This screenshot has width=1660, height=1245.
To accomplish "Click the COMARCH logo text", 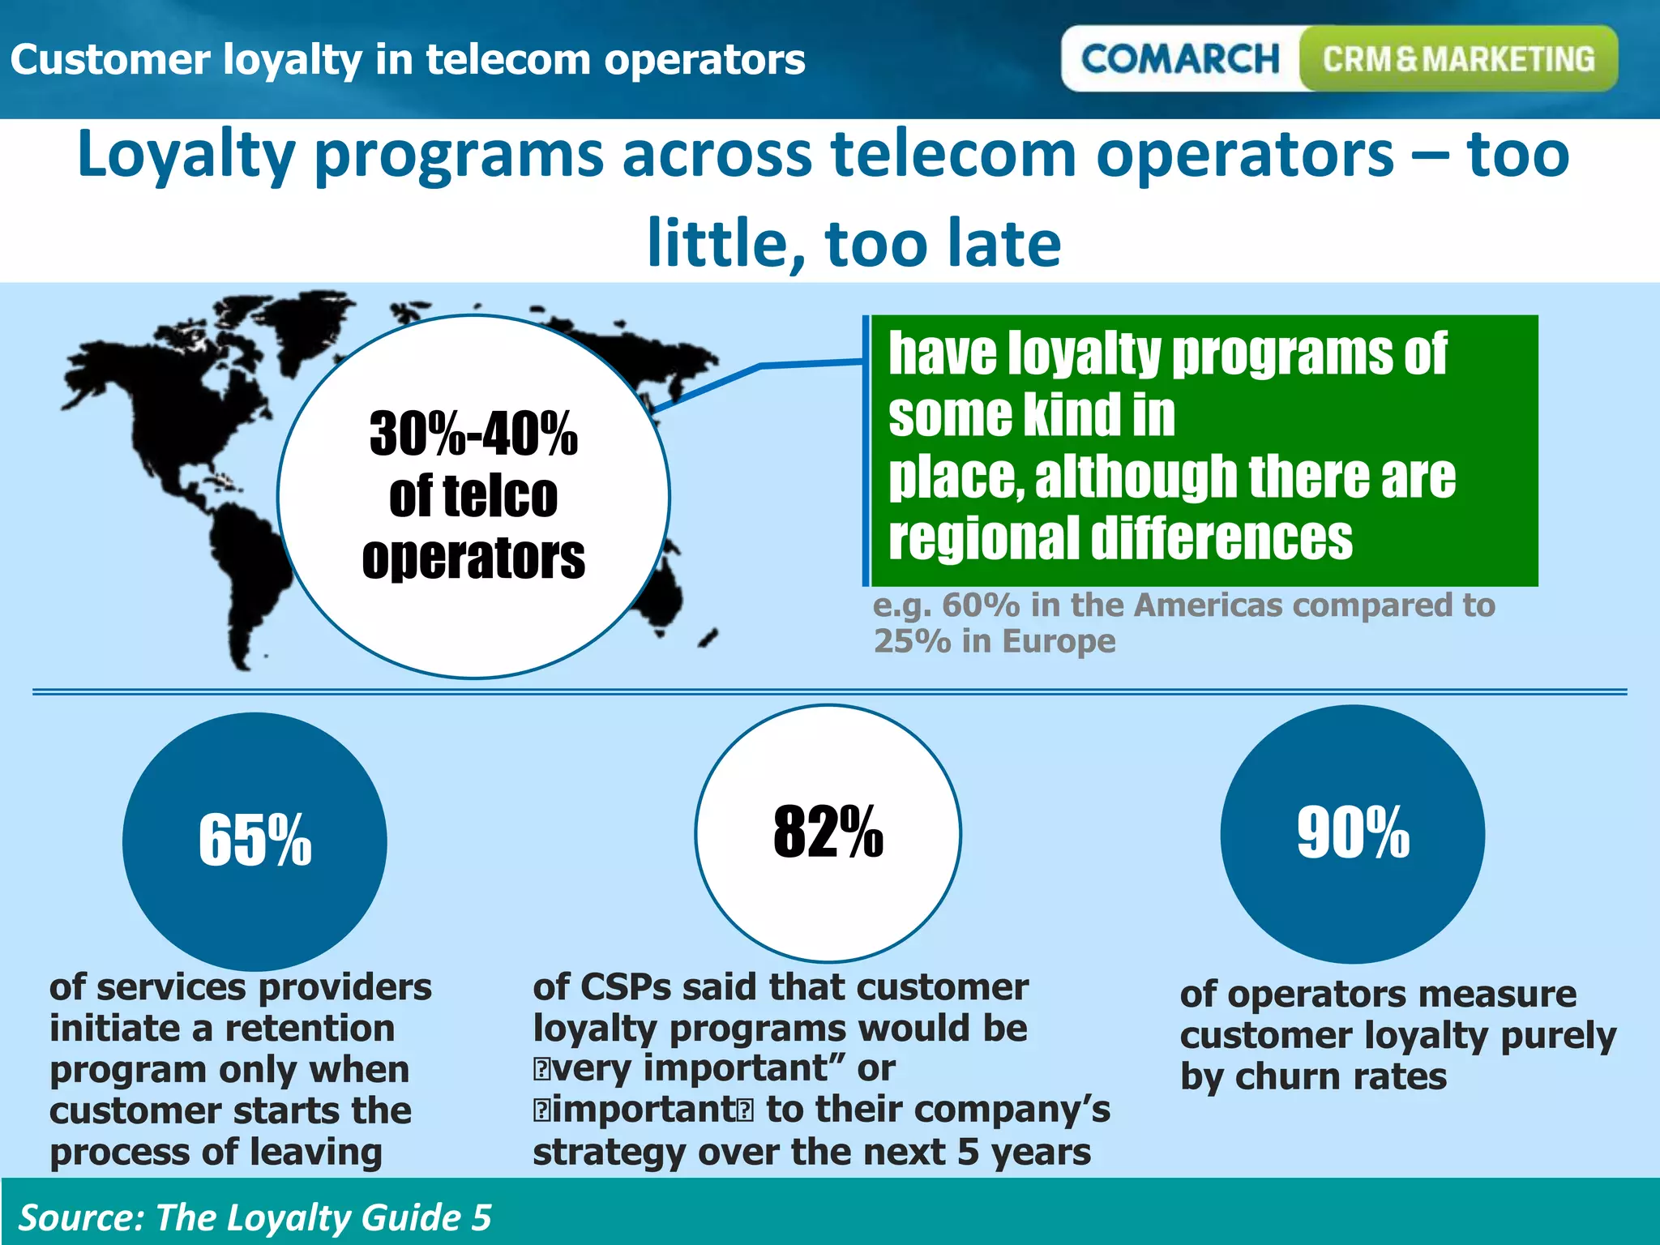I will pyautogui.click(x=1179, y=59).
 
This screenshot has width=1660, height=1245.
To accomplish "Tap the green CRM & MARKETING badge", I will pyautogui.click(x=1458, y=59).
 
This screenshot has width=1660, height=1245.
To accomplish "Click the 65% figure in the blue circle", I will pyautogui.click(x=255, y=840).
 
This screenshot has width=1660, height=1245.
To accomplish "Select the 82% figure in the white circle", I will pyautogui.click(x=828, y=832).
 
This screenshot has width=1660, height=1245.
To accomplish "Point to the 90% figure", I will pyautogui.click(x=1353, y=832).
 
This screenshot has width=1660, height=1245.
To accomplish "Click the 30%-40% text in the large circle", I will pyautogui.click(x=473, y=434).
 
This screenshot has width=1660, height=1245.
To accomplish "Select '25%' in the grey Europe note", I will pyautogui.click(x=912, y=641).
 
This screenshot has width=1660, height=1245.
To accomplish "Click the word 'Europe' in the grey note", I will pyautogui.click(x=1059, y=641).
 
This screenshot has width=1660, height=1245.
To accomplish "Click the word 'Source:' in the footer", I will pyautogui.click(x=80, y=1217).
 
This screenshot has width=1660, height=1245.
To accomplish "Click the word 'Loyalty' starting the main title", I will pyautogui.click(x=186, y=156).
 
